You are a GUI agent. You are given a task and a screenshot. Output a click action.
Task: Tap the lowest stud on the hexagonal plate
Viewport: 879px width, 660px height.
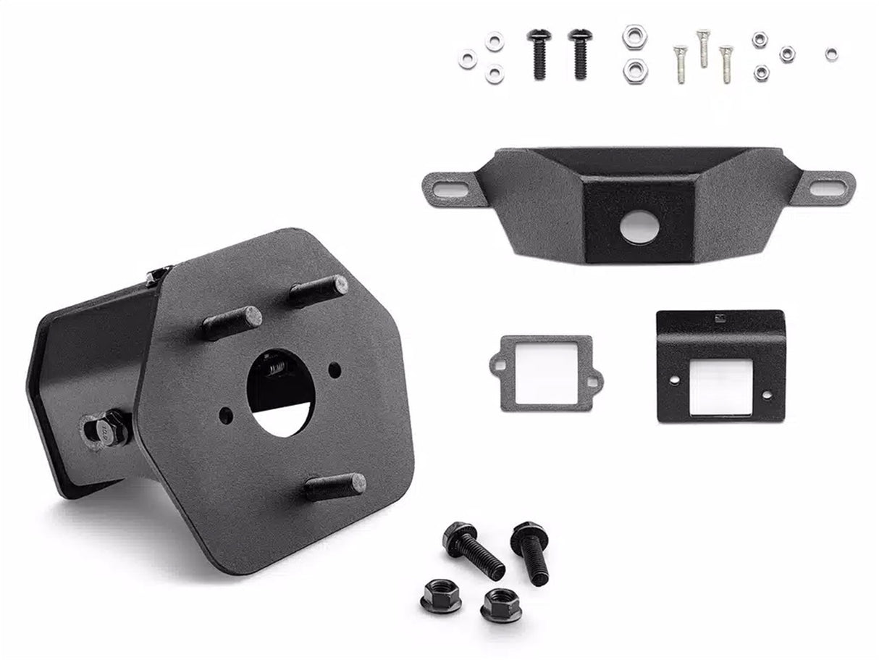(335, 485)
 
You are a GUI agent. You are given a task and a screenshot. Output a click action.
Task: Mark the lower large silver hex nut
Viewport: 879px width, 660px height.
(635, 70)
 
